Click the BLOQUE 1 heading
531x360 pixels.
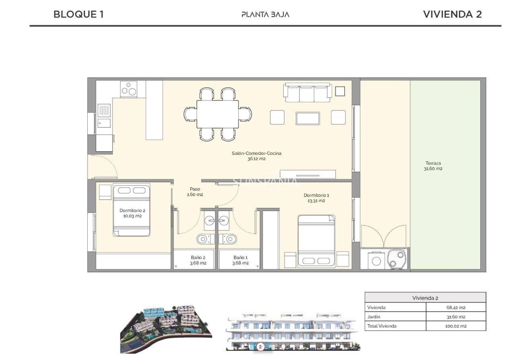pos(79,14)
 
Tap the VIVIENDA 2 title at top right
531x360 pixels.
pos(452,14)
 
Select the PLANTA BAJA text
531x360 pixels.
pos(265,14)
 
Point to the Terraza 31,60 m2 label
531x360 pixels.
pos(433,166)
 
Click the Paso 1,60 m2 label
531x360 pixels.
pos(195,191)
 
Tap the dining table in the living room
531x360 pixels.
pos(218,114)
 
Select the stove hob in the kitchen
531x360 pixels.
pos(129,89)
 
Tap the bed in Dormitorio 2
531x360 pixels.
pos(132,210)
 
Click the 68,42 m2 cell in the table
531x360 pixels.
pos(455,307)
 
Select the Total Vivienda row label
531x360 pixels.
pos(382,326)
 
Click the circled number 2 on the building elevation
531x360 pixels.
pos(260,346)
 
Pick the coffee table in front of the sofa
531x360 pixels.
pos(308,118)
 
